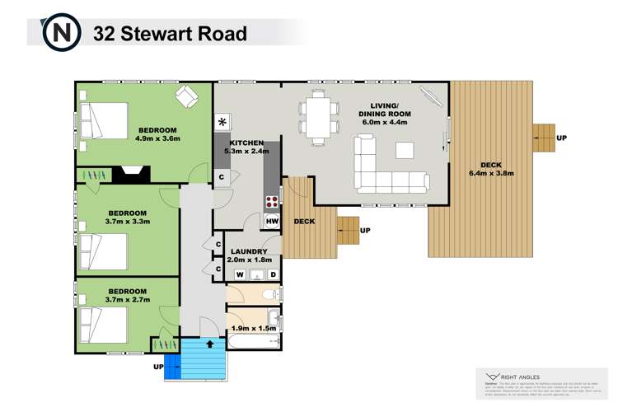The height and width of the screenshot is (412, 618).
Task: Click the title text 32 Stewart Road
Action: (170, 34)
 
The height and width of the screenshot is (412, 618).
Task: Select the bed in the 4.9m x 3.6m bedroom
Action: (105, 120)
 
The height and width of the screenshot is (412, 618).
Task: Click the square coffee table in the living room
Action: (405, 150)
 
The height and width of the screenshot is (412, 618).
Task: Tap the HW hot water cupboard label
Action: (272, 221)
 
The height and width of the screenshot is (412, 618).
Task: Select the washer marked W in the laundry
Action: (241, 274)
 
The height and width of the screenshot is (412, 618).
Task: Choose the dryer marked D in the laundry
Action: (273, 274)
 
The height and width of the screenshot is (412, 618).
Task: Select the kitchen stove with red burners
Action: (269, 202)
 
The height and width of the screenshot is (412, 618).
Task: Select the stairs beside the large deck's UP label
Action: (543, 138)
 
